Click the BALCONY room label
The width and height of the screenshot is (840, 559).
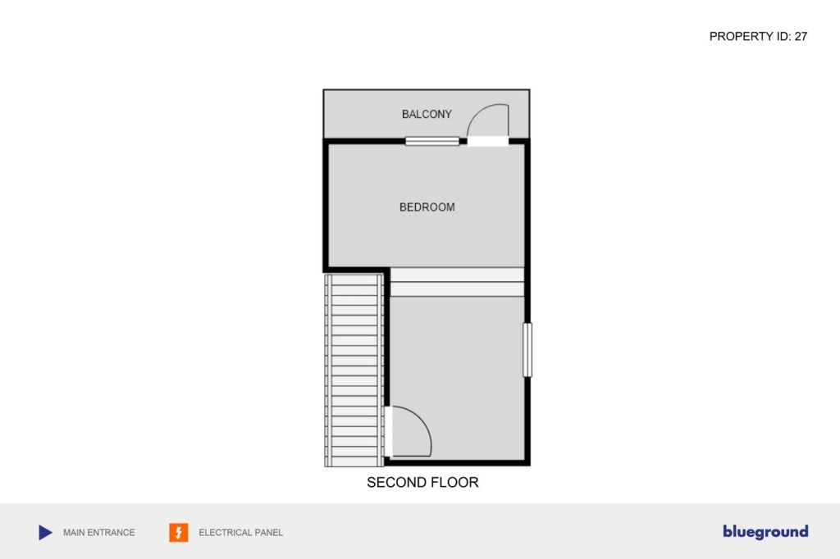point(427,114)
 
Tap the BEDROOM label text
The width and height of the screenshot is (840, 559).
point(427,207)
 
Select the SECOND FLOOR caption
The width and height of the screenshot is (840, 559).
point(422,483)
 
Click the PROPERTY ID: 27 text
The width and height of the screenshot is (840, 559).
point(758,36)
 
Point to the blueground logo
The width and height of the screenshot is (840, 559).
point(765,532)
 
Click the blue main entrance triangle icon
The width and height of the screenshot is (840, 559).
point(46,532)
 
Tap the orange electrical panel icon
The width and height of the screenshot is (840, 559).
point(178,532)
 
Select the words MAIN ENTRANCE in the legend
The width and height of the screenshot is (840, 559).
point(99,533)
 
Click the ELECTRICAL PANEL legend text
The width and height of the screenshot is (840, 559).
point(240,533)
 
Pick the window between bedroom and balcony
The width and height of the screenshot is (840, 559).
point(431,141)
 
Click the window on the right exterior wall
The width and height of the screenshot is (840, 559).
point(527,350)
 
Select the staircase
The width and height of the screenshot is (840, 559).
point(354,370)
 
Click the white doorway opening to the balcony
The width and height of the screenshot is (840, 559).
point(487,141)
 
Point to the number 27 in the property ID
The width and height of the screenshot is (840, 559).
point(801,36)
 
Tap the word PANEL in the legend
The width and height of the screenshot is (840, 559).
point(268,533)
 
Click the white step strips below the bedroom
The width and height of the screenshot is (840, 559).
point(457,282)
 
